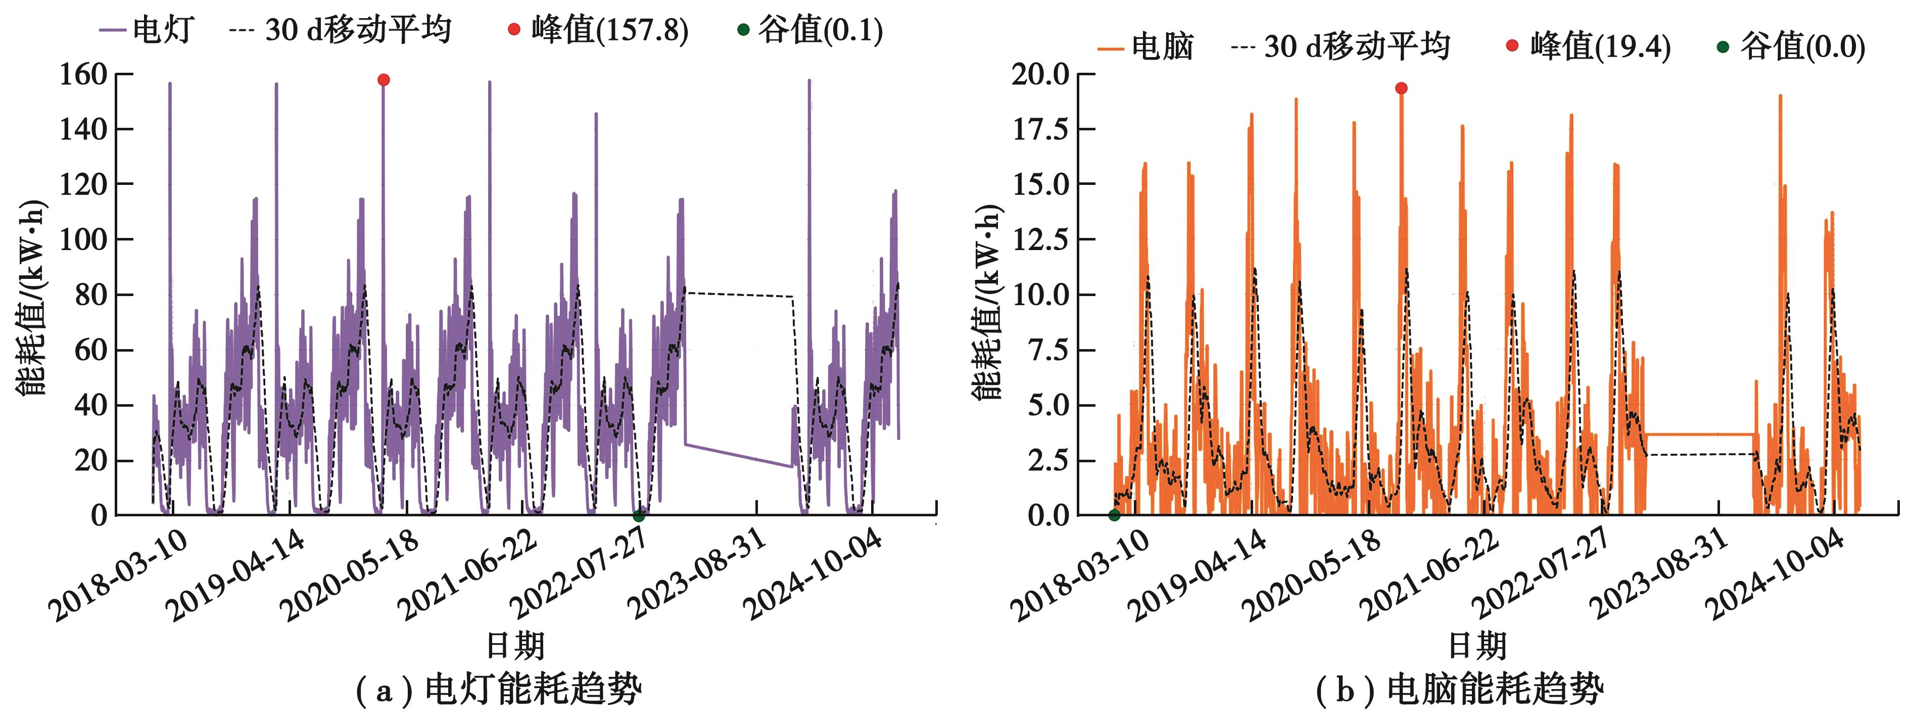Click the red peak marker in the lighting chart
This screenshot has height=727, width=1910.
(x=384, y=80)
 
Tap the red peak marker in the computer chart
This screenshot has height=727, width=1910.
(x=1401, y=88)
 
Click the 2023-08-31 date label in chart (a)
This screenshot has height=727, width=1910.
(x=697, y=574)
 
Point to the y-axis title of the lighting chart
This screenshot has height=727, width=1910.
(x=31, y=297)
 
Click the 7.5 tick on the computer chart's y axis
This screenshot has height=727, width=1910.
(x=1049, y=350)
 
